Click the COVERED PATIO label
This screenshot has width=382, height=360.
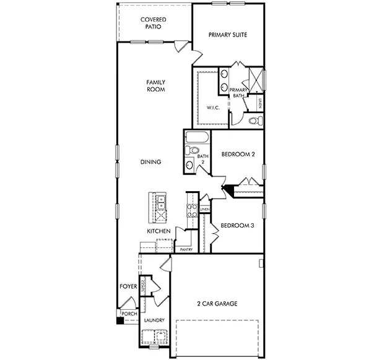click(x=152, y=24)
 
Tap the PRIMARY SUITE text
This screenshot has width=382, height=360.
click(x=228, y=35)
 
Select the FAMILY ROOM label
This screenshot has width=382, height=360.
click(x=155, y=85)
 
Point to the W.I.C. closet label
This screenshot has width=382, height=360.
click(x=213, y=108)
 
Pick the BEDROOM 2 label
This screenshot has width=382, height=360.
click(x=238, y=155)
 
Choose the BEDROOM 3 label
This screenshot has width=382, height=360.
click(x=237, y=225)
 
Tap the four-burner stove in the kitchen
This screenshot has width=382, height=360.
click(x=192, y=211)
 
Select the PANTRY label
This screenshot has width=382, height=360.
click(x=186, y=250)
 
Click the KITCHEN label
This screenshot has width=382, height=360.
click(x=158, y=231)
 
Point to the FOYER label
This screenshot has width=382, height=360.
click(x=128, y=287)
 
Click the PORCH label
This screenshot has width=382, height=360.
click(x=129, y=314)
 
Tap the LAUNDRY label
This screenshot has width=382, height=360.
click(x=154, y=320)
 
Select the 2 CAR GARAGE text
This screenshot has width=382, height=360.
click(x=217, y=304)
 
